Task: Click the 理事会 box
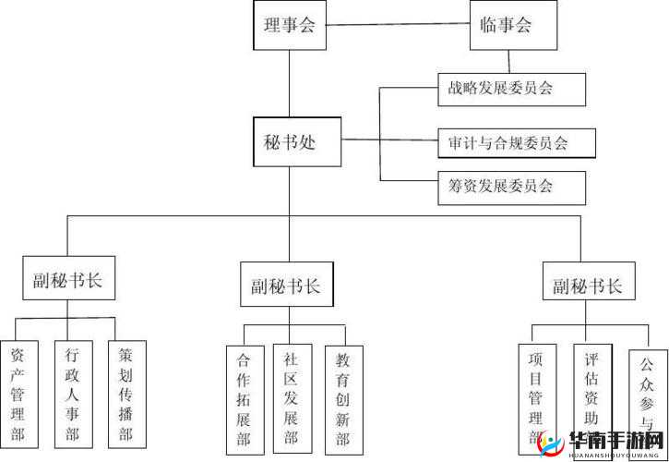pyautogui.click(x=290, y=26)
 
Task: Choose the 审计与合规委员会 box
pyautogui.click(x=515, y=143)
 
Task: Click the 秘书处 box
pyautogui.click(x=290, y=141)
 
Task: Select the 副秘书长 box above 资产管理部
pyautogui.click(x=68, y=278)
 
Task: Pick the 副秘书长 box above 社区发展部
pyautogui.click(x=286, y=286)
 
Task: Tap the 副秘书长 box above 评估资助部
pyautogui.click(x=588, y=286)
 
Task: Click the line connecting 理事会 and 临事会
pyautogui.click(x=397, y=26)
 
